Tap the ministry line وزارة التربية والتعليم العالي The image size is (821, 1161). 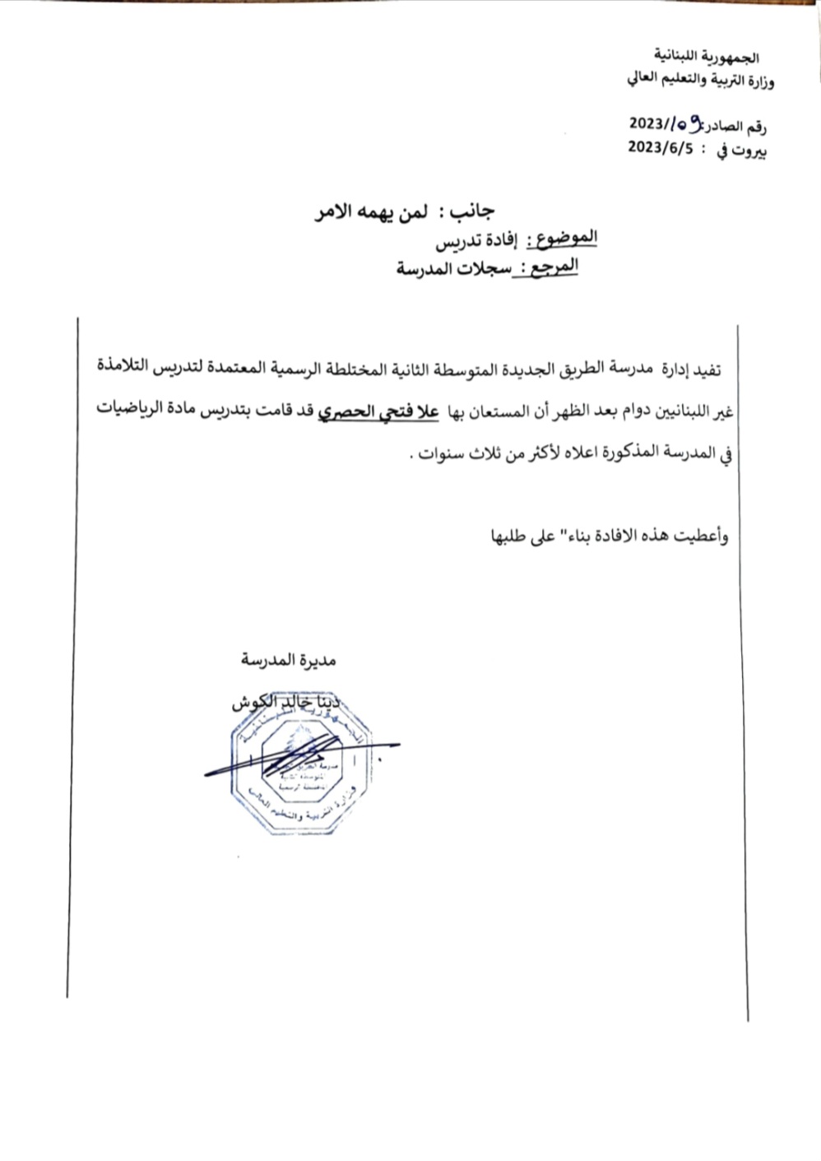701,81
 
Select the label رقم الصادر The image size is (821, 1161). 737,127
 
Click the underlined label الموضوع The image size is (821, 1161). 567,239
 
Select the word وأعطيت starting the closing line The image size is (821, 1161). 701,536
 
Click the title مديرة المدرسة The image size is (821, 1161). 289,660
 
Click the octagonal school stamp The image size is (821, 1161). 304,773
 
